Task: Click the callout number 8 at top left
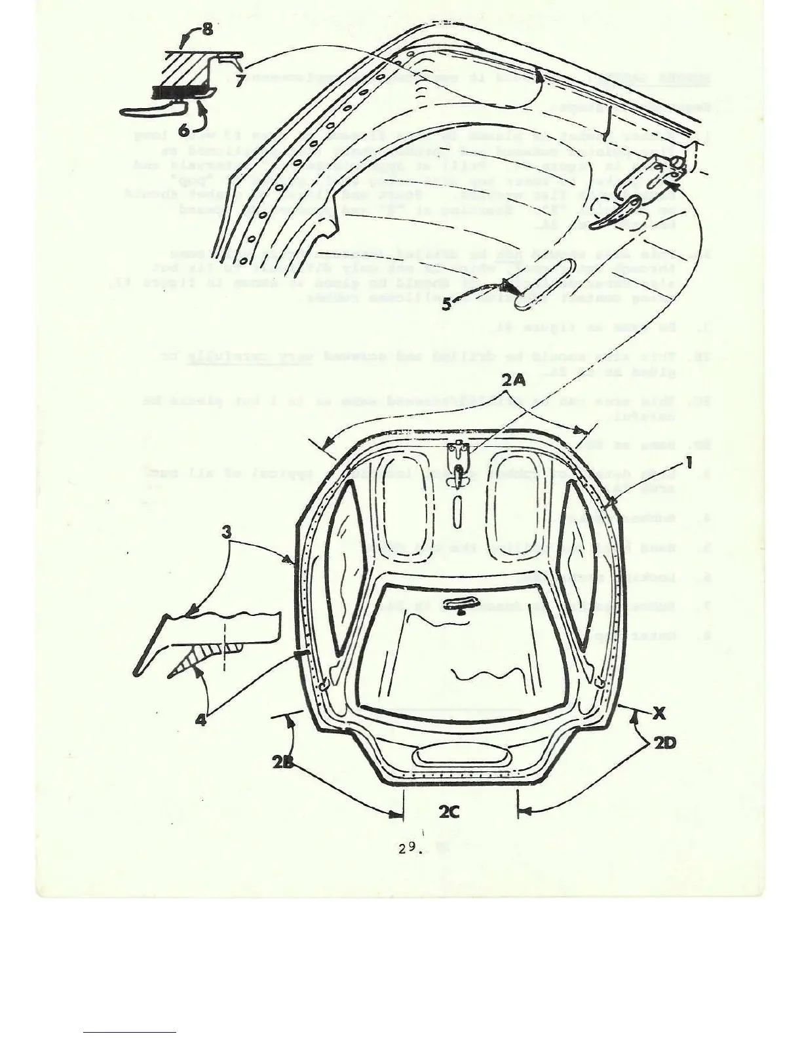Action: tap(206, 30)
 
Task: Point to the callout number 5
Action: tap(446, 304)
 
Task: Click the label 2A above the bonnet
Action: tap(514, 379)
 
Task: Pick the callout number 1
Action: tap(688, 463)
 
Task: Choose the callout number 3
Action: tap(226, 531)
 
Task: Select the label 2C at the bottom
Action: tap(449, 812)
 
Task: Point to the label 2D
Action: tap(664, 743)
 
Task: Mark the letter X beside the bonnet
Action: tap(659, 714)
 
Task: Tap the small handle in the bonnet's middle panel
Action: tap(459, 604)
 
